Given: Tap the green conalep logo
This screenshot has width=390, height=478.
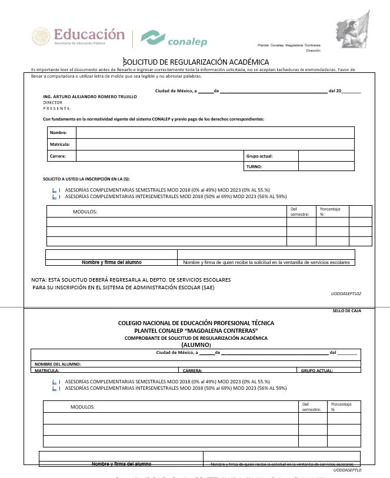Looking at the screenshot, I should click(174, 38).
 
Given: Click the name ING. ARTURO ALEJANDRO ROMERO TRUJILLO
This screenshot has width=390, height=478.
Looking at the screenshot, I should click(90, 96).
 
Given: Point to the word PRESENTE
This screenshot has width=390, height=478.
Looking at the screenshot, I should click(57, 108).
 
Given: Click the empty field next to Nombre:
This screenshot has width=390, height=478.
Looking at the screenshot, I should click(215, 133).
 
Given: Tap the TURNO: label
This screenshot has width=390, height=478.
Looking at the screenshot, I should click(254, 167).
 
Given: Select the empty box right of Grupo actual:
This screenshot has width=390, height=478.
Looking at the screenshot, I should click(326, 156).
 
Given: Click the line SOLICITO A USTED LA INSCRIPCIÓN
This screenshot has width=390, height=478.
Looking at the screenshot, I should click(86, 178).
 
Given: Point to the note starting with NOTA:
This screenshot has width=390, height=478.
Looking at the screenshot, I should click(131, 279).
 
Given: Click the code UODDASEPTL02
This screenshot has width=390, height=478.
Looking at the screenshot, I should click(346, 293).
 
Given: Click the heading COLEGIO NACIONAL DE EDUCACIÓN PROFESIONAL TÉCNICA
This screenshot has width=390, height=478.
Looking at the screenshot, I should click(196, 323).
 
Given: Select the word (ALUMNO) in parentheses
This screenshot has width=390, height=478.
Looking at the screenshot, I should click(196, 345).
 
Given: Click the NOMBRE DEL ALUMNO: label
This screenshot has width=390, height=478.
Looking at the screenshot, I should click(58, 365).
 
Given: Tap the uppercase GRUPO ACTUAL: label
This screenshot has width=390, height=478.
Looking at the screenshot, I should click(316, 371).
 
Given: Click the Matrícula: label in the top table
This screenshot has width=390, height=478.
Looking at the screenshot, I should click(60, 144).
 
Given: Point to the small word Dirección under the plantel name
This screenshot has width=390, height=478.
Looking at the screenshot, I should click(313, 51).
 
